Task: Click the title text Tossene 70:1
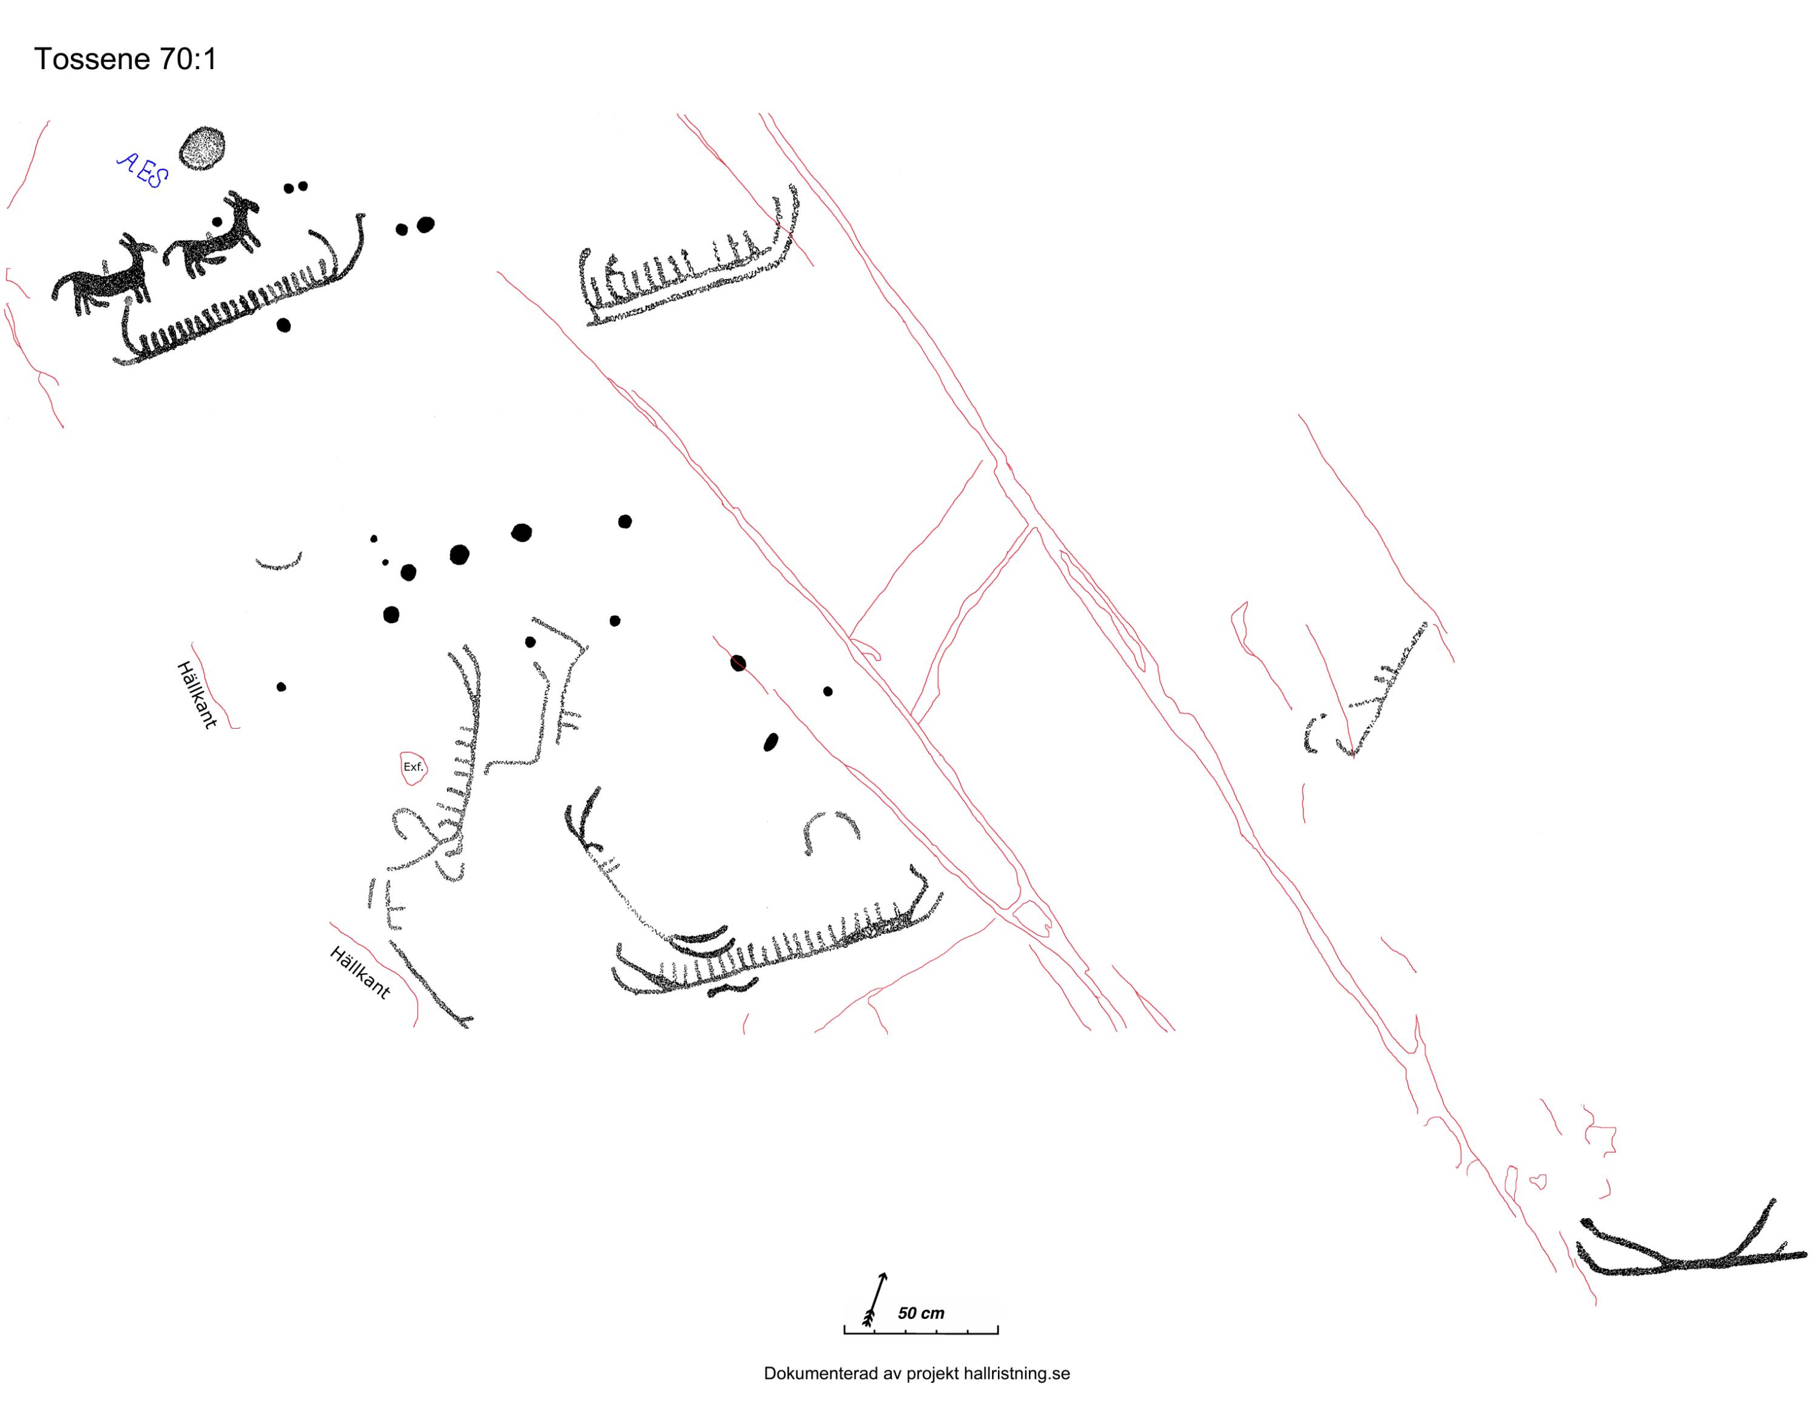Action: point(125,59)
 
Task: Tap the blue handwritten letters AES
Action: point(143,171)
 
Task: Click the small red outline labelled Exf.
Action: point(413,767)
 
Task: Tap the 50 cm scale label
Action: point(921,1313)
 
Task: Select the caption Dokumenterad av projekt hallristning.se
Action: point(917,1373)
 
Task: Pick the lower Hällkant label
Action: point(360,972)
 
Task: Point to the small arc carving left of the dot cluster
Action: point(278,564)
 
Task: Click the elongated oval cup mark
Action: point(771,742)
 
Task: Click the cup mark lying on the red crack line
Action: point(738,664)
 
